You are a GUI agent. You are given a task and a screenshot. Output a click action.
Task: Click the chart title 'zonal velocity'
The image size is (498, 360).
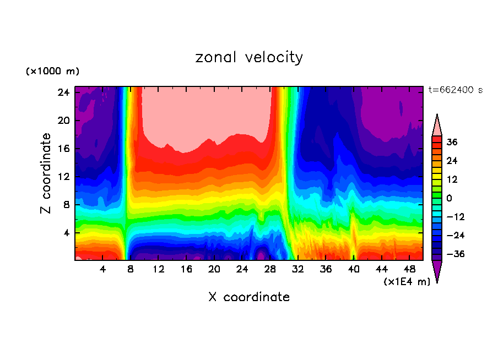pyautogui.click(x=249, y=57)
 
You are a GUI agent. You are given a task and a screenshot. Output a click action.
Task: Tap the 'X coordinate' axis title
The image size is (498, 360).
pyautogui.click(x=249, y=297)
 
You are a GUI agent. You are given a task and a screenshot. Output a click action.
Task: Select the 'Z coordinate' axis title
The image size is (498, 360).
pyautogui.click(x=46, y=173)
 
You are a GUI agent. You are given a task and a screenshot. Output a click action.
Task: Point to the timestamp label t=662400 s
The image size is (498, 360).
pyautogui.click(x=456, y=90)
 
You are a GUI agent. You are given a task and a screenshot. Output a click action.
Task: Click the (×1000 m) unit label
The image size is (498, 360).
pyautogui.click(x=52, y=72)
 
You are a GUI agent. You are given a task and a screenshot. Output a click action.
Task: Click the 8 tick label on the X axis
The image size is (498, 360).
pyautogui.click(x=131, y=270)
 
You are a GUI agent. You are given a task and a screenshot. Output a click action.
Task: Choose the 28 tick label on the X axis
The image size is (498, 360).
pyautogui.click(x=270, y=270)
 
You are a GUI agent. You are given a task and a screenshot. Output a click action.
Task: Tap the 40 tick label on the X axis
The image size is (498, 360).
pyautogui.click(x=354, y=270)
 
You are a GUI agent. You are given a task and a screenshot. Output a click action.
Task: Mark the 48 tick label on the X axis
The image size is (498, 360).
pyautogui.click(x=409, y=270)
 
